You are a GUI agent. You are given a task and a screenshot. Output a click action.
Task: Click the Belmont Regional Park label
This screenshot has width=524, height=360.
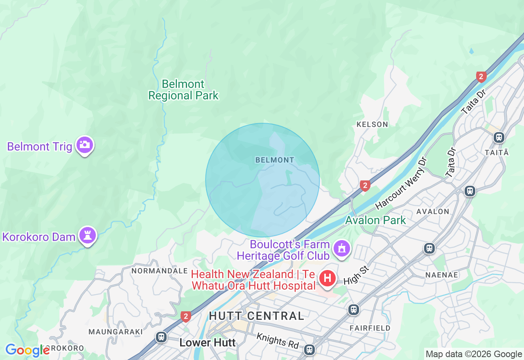[x=183, y=90]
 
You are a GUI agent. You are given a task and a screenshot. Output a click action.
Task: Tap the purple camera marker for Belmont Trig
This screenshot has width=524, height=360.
[x=85, y=145]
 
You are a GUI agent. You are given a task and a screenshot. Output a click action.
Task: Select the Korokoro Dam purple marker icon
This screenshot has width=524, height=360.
[x=88, y=235]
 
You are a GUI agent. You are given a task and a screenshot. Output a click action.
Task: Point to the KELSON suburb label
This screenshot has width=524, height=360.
[x=372, y=124]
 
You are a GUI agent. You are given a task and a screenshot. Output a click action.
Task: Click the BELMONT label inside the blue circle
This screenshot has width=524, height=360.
[x=275, y=160]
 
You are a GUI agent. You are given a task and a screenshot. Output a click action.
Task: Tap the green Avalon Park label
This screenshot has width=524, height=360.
[x=375, y=220]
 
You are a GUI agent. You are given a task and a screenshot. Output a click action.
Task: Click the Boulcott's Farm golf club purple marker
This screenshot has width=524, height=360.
[x=341, y=248]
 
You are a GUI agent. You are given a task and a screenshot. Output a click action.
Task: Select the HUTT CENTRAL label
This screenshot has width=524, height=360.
[x=257, y=316]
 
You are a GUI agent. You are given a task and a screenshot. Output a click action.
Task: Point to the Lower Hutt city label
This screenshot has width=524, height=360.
[x=208, y=342]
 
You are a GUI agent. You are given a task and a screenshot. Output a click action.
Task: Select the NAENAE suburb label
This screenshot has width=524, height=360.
[x=441, y=275]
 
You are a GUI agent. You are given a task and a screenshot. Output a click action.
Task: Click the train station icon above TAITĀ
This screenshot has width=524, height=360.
[x=499, y=137]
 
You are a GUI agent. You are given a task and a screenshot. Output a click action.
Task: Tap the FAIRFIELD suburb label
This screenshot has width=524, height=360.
[x=370, y=328]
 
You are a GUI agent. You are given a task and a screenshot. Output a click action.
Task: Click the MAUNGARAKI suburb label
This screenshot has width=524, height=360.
[x=116, y=331]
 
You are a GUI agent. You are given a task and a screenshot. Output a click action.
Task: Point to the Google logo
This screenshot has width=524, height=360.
[x=27, y=350]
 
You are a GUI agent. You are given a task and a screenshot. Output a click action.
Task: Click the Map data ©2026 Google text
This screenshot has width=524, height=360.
[x=474, y=354]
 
